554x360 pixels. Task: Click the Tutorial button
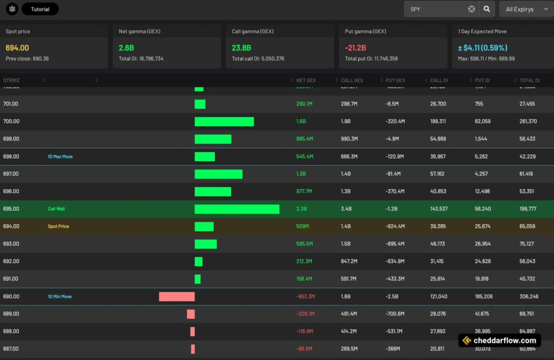40,9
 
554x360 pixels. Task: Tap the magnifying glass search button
487,9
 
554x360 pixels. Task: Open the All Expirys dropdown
525,9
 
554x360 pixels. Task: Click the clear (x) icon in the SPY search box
471,9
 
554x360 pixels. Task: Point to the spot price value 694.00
17,48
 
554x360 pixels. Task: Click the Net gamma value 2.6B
127,48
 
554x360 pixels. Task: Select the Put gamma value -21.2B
355,48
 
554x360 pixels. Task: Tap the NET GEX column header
306,81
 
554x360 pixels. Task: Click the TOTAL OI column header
529,81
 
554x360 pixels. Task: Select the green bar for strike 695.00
237,209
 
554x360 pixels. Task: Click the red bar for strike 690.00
176,297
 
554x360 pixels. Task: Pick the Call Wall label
56,209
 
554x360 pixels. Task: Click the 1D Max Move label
60,156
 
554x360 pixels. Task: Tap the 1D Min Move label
60,297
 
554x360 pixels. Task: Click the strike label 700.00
11,121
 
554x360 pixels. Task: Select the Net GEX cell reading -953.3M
306,297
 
